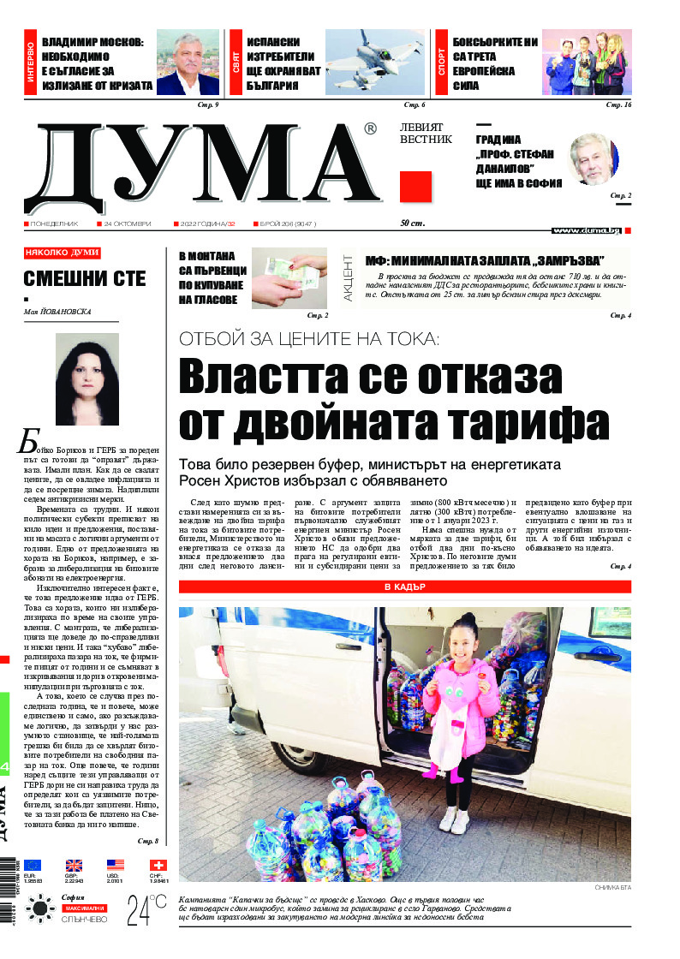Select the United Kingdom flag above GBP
pyautogui.click(x=75, y=865)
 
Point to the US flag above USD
pyautogui.click(x=116, y=865)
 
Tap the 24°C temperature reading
pyautogui.click(x=146, y=909)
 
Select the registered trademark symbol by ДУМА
pyautogui.click(x=370, y=129)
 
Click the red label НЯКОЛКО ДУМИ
pyautogui.click(x=62, y=253)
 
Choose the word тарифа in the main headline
pyautogui.click(x=516, y=422)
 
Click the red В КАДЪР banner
pyautogui.click(x=405, y=587)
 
